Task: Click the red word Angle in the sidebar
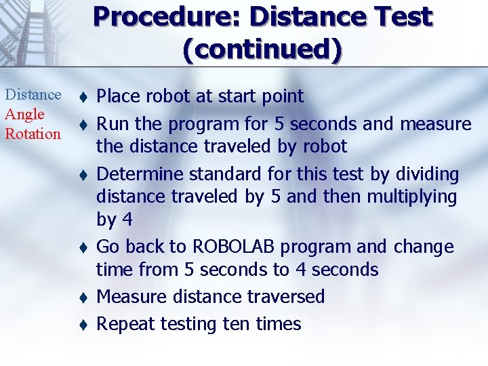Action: coord(24,115)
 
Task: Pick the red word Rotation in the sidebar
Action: coord(33,134)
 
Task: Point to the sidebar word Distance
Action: coord(33,95)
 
